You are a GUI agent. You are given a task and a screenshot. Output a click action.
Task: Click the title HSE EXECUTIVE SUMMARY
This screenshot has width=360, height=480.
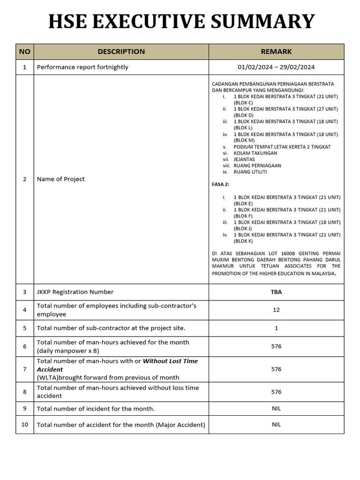[182, 22]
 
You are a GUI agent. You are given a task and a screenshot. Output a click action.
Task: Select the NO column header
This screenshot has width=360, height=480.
[24, 52]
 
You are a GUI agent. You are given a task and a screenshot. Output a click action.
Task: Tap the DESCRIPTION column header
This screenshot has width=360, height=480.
[121, 52]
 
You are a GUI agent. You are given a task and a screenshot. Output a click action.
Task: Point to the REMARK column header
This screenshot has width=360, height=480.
[276, 52]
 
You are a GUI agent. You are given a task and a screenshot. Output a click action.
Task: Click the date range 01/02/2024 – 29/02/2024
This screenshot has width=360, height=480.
[276, 67]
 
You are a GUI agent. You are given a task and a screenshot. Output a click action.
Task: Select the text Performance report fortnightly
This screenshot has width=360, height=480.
[82, 67]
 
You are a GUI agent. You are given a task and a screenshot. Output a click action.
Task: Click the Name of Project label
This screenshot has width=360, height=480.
[61, 179]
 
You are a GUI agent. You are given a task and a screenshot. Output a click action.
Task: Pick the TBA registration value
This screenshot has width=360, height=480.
[276, 292]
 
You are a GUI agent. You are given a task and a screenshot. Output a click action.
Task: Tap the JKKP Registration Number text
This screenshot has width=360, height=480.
[75, 292]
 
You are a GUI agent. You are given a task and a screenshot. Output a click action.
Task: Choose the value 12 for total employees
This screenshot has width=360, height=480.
[276, 310]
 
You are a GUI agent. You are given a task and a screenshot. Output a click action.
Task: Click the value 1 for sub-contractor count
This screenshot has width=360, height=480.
[276, 328]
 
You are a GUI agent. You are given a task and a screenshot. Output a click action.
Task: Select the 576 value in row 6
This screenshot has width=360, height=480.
[276, 346]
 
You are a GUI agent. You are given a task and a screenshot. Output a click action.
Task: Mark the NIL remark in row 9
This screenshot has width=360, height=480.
[276, 409]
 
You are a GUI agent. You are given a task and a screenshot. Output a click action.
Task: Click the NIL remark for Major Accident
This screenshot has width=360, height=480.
[276, 425]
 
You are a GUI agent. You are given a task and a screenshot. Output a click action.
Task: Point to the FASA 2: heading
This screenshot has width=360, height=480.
[221, 185]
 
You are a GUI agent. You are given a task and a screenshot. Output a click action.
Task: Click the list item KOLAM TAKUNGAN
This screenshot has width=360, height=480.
[255, 153]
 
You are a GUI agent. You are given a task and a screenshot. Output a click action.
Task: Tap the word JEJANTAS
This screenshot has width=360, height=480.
[244, 159]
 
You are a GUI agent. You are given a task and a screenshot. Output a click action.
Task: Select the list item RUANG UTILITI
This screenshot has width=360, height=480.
[250, 172]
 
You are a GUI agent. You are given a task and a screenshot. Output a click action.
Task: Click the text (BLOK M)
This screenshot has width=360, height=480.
[244, 140]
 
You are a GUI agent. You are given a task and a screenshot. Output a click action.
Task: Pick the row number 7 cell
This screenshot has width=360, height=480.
[24, 369]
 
